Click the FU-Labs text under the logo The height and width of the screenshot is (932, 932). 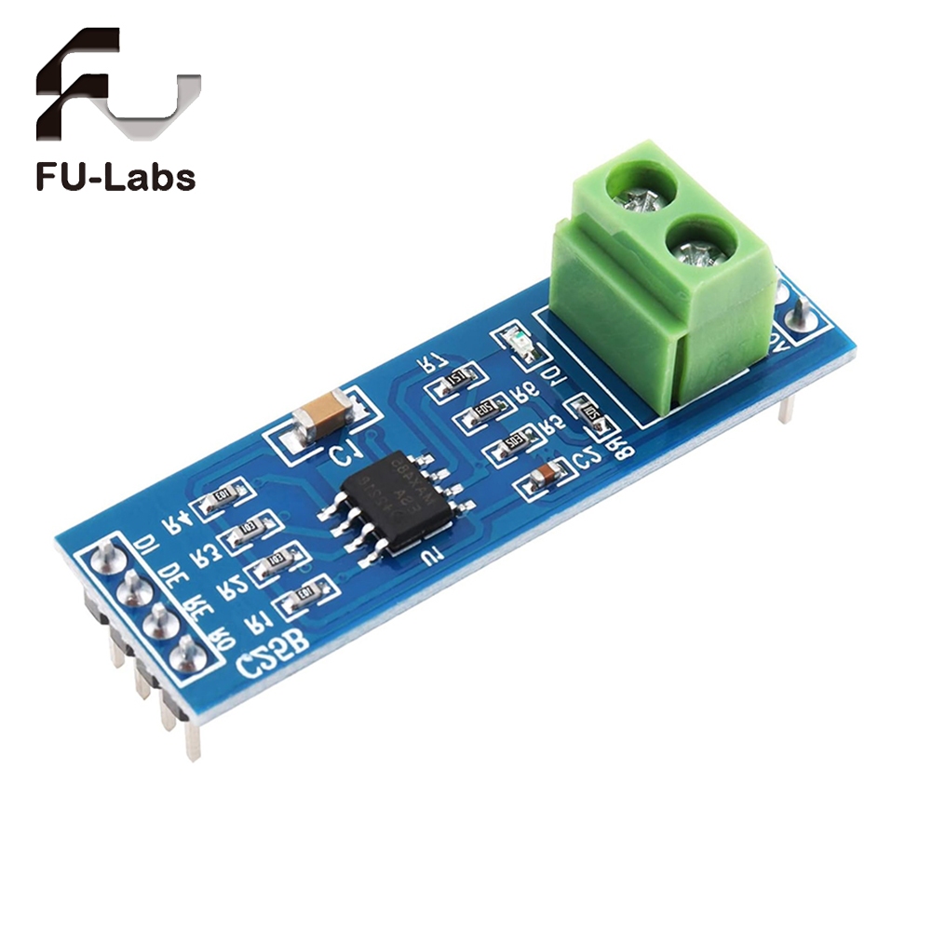[115, 177]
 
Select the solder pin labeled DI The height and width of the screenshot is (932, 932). [105, 558]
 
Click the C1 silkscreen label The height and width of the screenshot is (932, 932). [345, 457]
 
